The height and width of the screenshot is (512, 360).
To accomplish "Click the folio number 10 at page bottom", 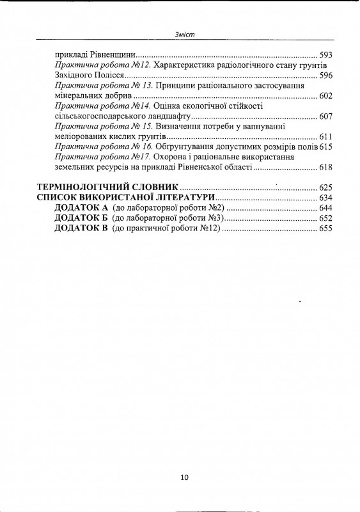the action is (184, 477).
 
